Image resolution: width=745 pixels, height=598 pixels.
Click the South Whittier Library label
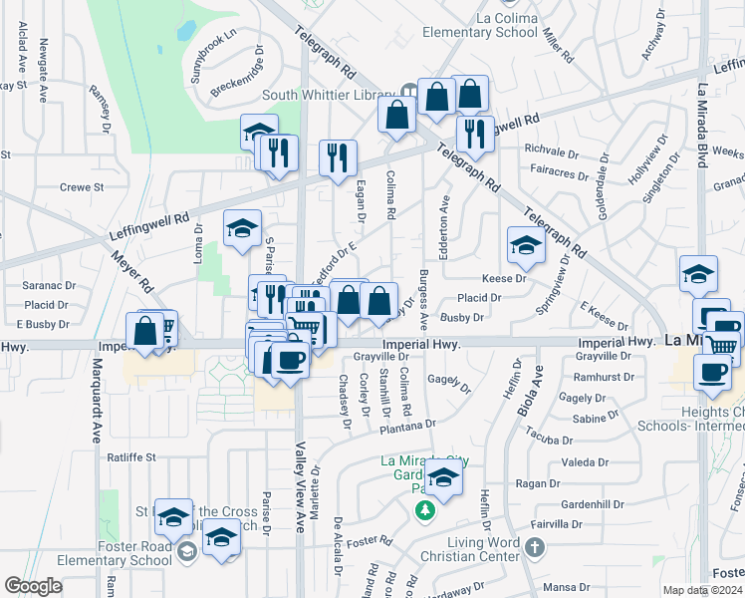(x=329, y=96)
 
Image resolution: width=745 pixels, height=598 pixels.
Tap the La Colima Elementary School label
(x=480, y=23)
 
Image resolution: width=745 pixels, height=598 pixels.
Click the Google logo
(x=33, y=586)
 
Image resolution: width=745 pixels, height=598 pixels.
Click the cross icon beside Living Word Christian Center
(x=535, y=547)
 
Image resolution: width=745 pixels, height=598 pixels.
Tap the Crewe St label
(x=82, y=186)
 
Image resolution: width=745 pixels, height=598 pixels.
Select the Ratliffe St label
(x=133, y=457)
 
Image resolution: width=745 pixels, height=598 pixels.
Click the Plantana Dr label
(x=407, y=425)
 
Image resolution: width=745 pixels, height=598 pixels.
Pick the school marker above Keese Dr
(x=526, y=244)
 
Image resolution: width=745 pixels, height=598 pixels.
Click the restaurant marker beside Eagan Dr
(x=338, y=157)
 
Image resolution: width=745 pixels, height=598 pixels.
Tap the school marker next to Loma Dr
(x=242, y=228)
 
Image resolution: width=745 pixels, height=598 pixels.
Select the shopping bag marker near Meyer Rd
(x=145, y=331)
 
